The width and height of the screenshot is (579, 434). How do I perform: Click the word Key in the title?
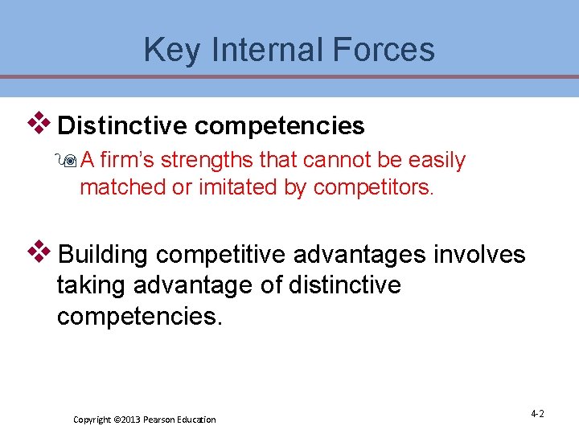click(166, 50)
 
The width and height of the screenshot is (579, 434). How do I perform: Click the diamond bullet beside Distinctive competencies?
click(39, 124)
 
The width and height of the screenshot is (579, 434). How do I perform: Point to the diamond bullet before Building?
click(39, 253)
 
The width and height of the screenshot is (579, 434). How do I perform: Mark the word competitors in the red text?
click(372, 187)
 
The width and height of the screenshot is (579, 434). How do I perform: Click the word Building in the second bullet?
click(104, 256)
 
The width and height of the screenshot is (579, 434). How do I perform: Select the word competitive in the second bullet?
click(221, 256)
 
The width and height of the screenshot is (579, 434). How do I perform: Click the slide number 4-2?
click(537, 414)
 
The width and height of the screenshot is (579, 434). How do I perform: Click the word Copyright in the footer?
click(92, 420)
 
